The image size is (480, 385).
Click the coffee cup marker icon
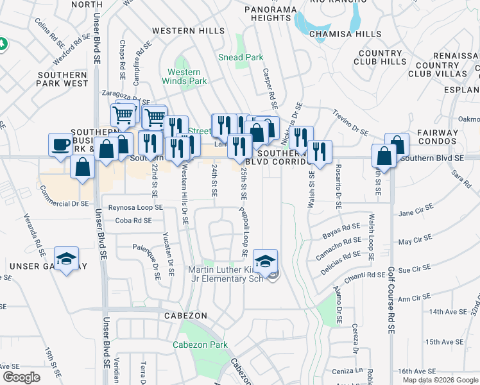click(61, 144)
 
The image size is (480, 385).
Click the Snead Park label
click(241, 57)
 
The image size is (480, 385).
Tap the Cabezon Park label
click(200, 345)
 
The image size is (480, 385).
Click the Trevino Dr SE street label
click(350, 121)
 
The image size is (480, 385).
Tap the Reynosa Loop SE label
click(135, 208)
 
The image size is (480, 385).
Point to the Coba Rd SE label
click(133, 220)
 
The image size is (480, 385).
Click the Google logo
click(21, 377)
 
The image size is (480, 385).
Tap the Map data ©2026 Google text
click(440, 380)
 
